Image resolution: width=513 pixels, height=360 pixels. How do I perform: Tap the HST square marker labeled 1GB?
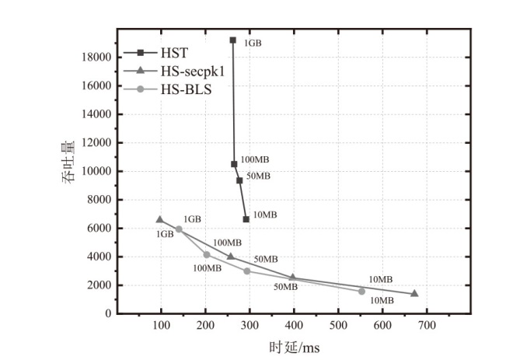coord(232,40)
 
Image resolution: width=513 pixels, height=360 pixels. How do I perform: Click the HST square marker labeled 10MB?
coord(246,219)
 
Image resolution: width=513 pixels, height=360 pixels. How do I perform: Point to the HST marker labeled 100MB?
coord(234,164)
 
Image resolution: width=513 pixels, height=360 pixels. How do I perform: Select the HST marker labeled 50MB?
coord(239,180)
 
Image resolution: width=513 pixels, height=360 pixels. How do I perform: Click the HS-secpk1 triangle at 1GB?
coord(159,220)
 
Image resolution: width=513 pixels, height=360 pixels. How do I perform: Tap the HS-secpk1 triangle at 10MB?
coord(414,293)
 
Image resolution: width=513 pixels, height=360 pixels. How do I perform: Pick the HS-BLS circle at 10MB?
coord(361,291)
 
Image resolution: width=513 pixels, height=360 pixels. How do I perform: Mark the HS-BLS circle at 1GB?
coord(179,229)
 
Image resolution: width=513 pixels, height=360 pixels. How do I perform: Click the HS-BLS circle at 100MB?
coord(207,254)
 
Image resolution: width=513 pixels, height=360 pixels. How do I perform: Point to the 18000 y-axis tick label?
coord(96,57)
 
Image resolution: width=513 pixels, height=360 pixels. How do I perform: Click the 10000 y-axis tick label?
coord(96,171)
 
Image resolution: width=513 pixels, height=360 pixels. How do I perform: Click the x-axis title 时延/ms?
coord(294,348)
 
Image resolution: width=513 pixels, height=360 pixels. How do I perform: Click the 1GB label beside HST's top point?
coord(253,44)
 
